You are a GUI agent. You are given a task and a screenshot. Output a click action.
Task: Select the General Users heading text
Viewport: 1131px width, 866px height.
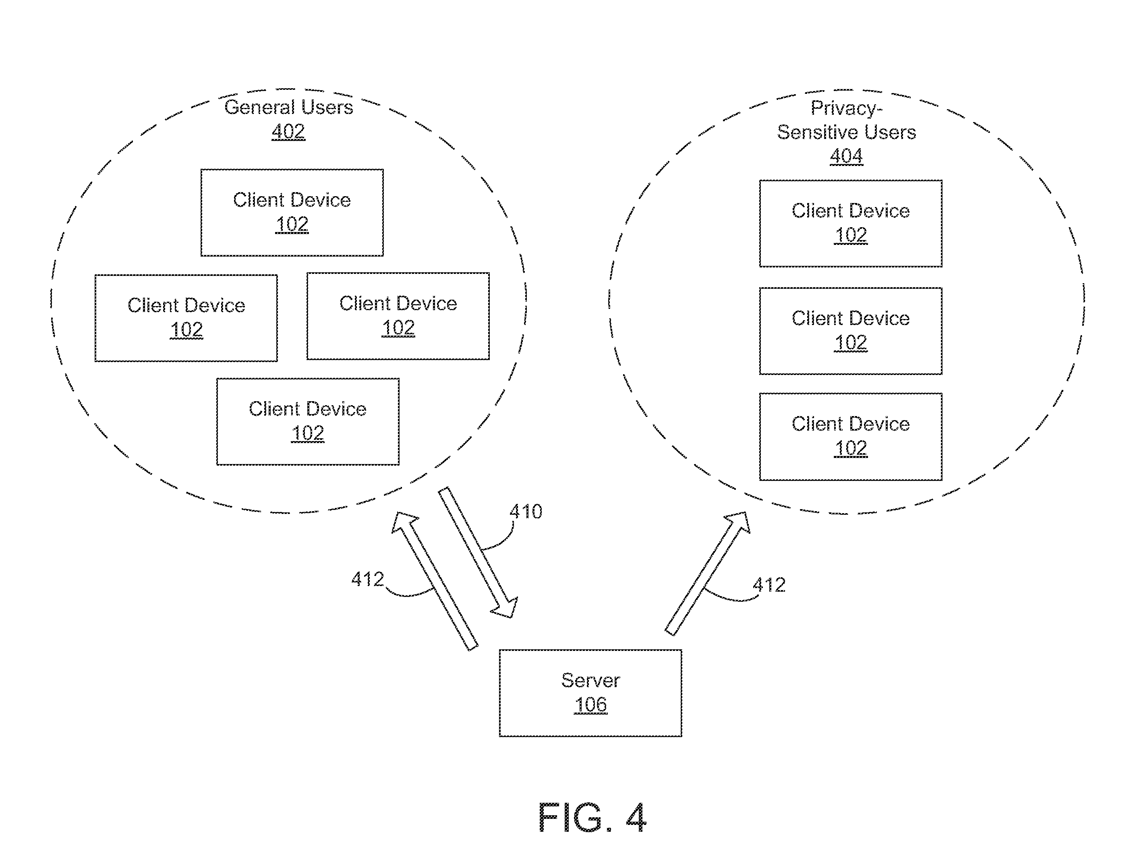tap(289, 107)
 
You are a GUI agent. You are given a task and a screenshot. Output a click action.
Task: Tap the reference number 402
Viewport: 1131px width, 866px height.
tap(288, 131)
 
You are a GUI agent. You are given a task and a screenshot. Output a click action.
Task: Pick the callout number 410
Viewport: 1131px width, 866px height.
tap(526, 512)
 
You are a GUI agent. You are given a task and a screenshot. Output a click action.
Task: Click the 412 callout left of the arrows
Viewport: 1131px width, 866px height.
tap(368, 579)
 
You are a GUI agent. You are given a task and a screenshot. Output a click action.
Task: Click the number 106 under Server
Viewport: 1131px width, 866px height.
tap(591, 704)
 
